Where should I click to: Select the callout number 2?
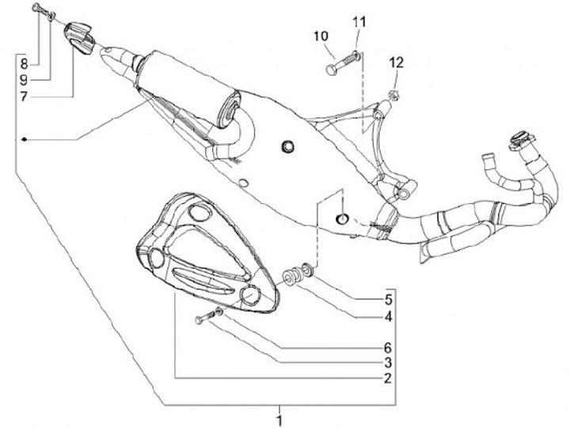pos(388,379)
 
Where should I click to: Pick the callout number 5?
pos(388,301)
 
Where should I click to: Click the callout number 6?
pos(388,347)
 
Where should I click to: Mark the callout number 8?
pos(25,62)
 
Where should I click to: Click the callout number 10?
pos(321,36)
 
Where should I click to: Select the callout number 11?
pos(360,21)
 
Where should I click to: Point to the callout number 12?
pos(396,62)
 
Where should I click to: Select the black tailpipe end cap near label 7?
pos(77,36)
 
